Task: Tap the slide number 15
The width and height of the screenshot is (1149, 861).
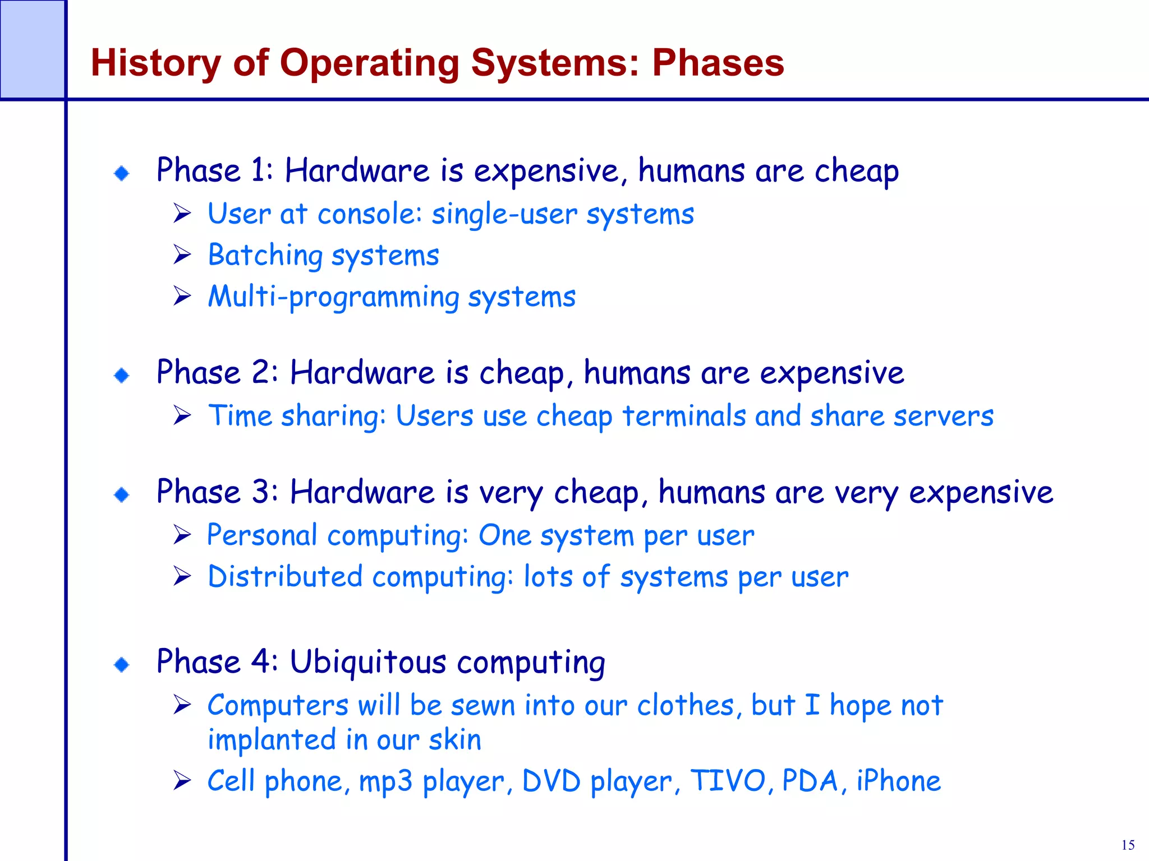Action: point(1128,845)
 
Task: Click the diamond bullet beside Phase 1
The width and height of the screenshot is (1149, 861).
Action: point(122,173)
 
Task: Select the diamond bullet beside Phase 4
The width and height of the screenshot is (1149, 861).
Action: point(122,665)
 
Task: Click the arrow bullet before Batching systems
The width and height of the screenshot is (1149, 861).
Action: point(182,254)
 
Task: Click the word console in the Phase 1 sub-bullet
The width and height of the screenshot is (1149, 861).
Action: point(369,214)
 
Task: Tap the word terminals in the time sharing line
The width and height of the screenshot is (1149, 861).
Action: point(684,416)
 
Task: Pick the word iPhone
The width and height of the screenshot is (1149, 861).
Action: point(898,781)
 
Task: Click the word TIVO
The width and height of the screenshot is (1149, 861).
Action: point(728,781)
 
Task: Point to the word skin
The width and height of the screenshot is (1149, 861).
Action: point(455,739)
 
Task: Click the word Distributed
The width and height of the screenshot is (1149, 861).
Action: point(285,576)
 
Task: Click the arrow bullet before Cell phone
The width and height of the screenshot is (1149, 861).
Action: point(182,780)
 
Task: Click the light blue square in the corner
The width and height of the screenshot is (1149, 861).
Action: point(32,49)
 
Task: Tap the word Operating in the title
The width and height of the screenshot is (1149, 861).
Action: point(370,63)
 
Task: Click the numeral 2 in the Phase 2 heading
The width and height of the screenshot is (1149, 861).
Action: point(261,372)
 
